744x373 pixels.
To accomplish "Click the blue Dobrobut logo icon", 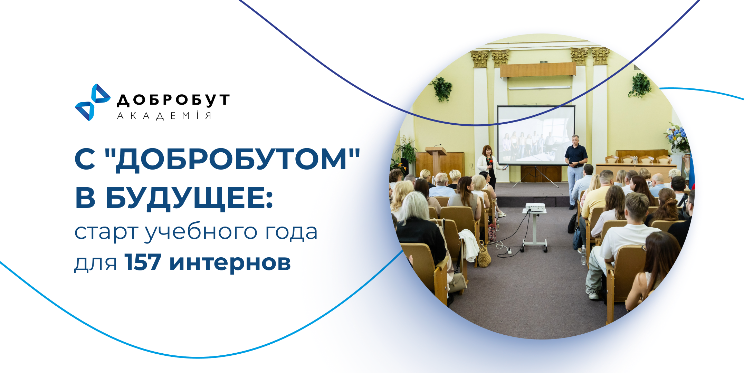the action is (93, 102).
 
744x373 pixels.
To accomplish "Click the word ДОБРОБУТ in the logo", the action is (173, 100).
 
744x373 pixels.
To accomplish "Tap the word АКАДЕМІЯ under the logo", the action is (164, 116).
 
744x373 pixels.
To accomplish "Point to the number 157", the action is (143, 262).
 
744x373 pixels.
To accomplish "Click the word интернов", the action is (230, 263).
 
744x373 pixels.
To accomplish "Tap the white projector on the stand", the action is (535, 208).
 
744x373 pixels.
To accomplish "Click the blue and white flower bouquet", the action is (678, 138).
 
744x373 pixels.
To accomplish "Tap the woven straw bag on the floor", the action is (484, 255).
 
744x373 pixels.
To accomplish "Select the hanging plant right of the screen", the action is (640, 85).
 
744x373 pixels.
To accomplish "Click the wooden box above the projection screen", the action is (538, 70).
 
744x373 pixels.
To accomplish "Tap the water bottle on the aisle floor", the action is (583, 255).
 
